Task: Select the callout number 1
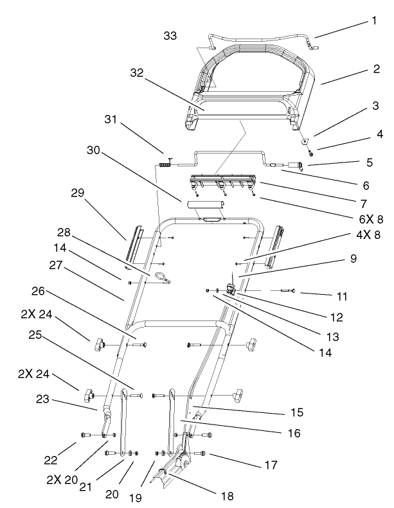[373, 20]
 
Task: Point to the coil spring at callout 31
[165, 165]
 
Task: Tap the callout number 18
[226, 496]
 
